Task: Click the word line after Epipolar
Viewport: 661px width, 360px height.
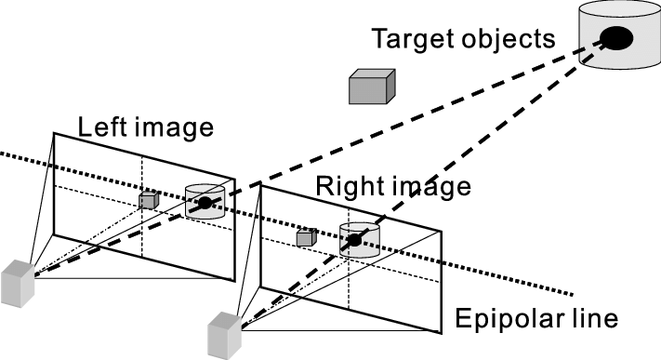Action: [x=592, y=318]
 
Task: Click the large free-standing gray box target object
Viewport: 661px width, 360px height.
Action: [x=372, y=87]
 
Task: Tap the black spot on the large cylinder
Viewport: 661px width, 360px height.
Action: [x=616, y=38]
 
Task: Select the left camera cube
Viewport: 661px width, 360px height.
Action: [x=18, y=284]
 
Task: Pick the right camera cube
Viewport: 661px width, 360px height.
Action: [x=225, y=336]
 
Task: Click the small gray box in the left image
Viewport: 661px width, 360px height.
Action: [x=149, y=200]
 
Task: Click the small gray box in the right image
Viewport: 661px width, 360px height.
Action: [x=307, y=237]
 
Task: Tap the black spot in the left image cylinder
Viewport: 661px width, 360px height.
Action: [x=205, y=203]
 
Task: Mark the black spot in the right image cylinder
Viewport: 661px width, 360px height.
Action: [x=354, y=241]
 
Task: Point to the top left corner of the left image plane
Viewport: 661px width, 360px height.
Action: [x=54, y=133]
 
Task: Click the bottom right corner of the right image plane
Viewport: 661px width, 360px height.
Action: [x=442, y=333]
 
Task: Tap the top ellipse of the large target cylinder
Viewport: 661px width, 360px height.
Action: [x=620, y=9]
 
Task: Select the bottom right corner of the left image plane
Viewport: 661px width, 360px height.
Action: [x=234, y=280]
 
